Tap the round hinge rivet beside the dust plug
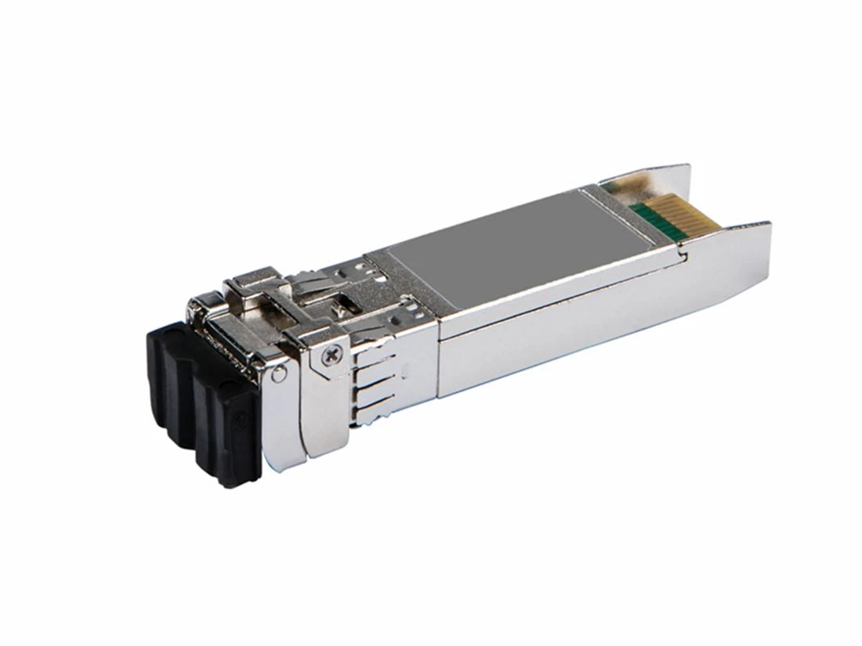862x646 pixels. pos(278,377)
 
